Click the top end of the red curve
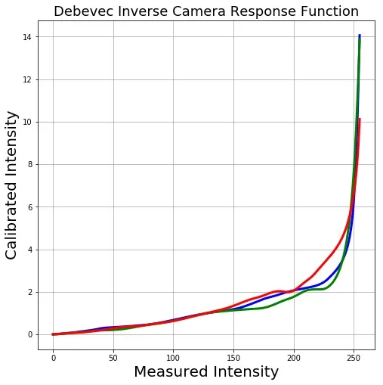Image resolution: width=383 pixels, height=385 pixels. click(360, 120)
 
